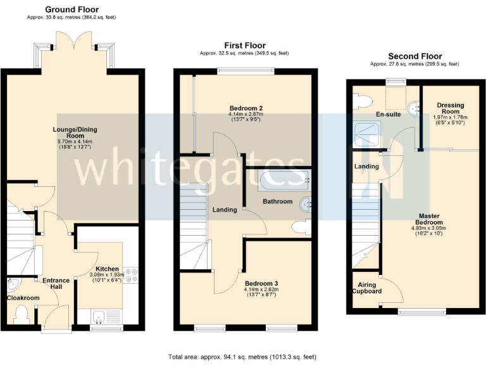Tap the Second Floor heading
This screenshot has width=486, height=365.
coord(414,56)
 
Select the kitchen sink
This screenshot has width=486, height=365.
coord(100,314)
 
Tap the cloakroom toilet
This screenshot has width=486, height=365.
coord(22,312)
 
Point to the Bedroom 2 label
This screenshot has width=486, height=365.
coord(246,108)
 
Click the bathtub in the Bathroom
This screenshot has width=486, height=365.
coord(283,181)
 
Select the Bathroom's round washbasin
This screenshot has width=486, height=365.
coord(306,203)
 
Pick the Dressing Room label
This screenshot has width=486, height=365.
coord(450,108)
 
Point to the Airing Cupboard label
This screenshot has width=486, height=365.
coord(366,288)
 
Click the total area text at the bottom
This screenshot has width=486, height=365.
coord(242,357)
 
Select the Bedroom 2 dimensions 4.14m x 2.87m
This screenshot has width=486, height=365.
coord(246,114)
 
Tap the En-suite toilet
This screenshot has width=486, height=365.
coord(361,100)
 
